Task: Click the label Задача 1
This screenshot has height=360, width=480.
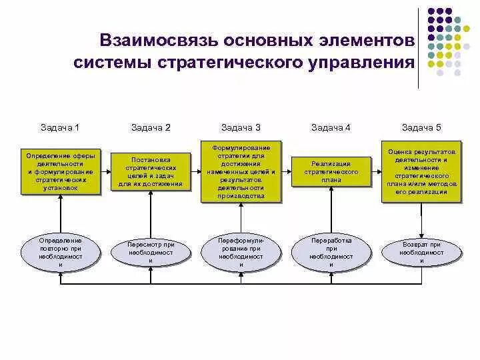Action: coord(60,127)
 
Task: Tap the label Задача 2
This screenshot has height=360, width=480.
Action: coord(151,127)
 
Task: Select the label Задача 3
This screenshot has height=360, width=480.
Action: coord(241,127)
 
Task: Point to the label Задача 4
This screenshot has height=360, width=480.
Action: coord(331,127)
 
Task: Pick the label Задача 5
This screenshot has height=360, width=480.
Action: coord(421,127)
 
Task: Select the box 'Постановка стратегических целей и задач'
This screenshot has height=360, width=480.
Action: coord(151,171)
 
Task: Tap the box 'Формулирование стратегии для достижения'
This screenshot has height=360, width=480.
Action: coord(241,171)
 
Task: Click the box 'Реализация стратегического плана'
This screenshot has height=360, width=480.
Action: coord(331,171)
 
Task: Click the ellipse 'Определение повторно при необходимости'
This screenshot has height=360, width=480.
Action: coord(61,252)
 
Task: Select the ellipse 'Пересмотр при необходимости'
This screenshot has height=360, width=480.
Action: coord(151,252)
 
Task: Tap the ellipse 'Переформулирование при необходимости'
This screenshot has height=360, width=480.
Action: coord(241,252)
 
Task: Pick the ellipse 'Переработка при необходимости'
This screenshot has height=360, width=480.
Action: coord(331,252)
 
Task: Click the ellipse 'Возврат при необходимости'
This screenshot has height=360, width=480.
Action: coord(421,252)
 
